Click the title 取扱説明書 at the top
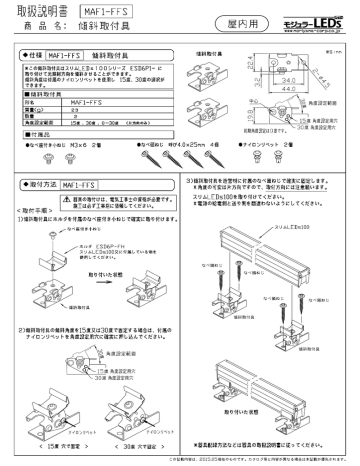click(34, 11)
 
